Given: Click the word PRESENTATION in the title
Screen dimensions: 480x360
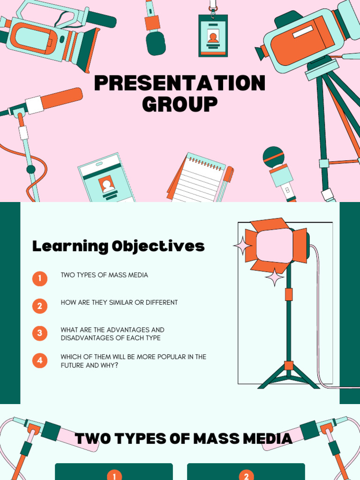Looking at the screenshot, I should click(x=180, y=83).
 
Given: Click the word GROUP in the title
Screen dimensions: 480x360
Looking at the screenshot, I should click(x=180, y=104).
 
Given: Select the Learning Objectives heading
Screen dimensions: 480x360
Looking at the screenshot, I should click(x=118, y=246).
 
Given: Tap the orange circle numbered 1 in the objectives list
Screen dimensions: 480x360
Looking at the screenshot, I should click(x=40, y=279).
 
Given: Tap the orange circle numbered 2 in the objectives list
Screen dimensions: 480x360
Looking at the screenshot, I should click(x=40, y=306).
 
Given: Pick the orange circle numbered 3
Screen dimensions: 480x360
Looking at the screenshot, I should click(x=40, y=333).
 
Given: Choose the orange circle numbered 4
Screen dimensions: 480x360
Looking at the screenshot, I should click(x=40, y=360).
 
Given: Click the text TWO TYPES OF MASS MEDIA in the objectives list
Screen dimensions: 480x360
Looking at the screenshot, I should click(x=104, y=275).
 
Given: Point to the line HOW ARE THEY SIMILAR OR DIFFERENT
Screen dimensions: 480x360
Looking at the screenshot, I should click(x=119, y=302).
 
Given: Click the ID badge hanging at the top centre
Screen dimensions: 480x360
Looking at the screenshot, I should click(x=213, y=35).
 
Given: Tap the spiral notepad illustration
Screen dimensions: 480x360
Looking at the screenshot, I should click(x=199, y=178).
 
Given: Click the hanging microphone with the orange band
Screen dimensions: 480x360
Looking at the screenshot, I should click(x=155, y=30).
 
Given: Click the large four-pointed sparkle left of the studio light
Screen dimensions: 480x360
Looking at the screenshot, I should click(x=243, y=246).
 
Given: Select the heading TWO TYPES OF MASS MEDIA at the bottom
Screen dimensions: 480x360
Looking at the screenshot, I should click(x=183, y=439).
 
